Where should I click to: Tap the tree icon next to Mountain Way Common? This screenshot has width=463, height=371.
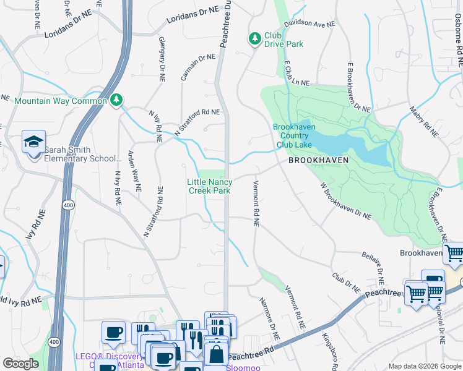(x=116, y=100)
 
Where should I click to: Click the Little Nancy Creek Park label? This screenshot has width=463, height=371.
(x=210, y=186)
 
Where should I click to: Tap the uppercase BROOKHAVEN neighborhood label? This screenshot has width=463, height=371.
(x=318, y=160)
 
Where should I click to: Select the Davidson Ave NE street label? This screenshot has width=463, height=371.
(x=309, y=23)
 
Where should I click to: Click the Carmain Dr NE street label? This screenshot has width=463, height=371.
(x=198, y=68)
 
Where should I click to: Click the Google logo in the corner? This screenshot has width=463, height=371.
(x=20, y=364)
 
